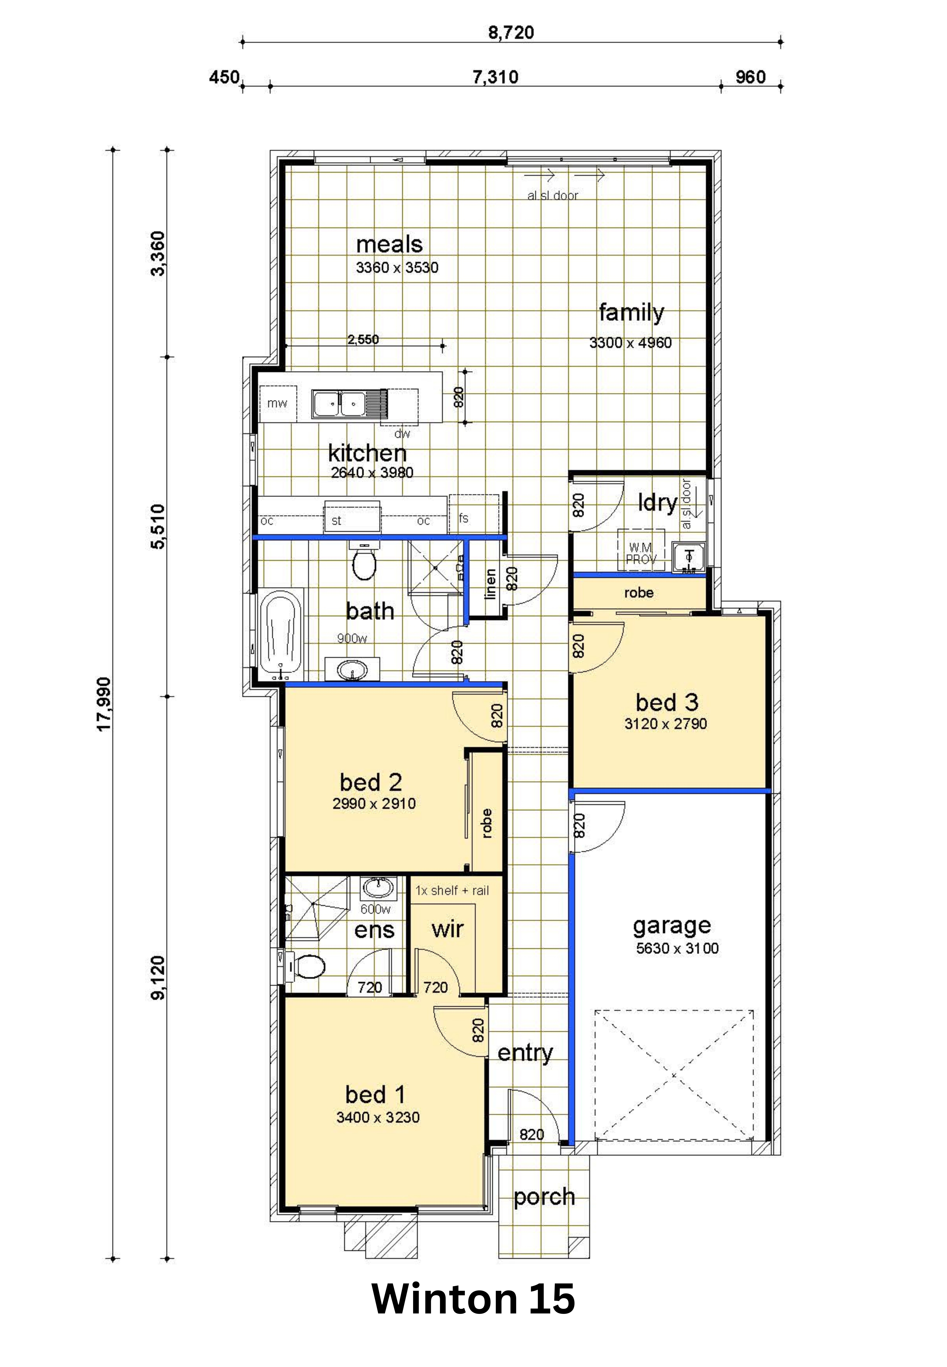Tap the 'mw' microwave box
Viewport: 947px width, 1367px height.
(x=277, y=403)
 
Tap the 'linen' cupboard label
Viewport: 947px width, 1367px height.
(x=490, y=584)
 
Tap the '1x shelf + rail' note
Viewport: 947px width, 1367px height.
(x=452, y=891)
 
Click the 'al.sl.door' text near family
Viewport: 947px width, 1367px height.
(x=552, y=196)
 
